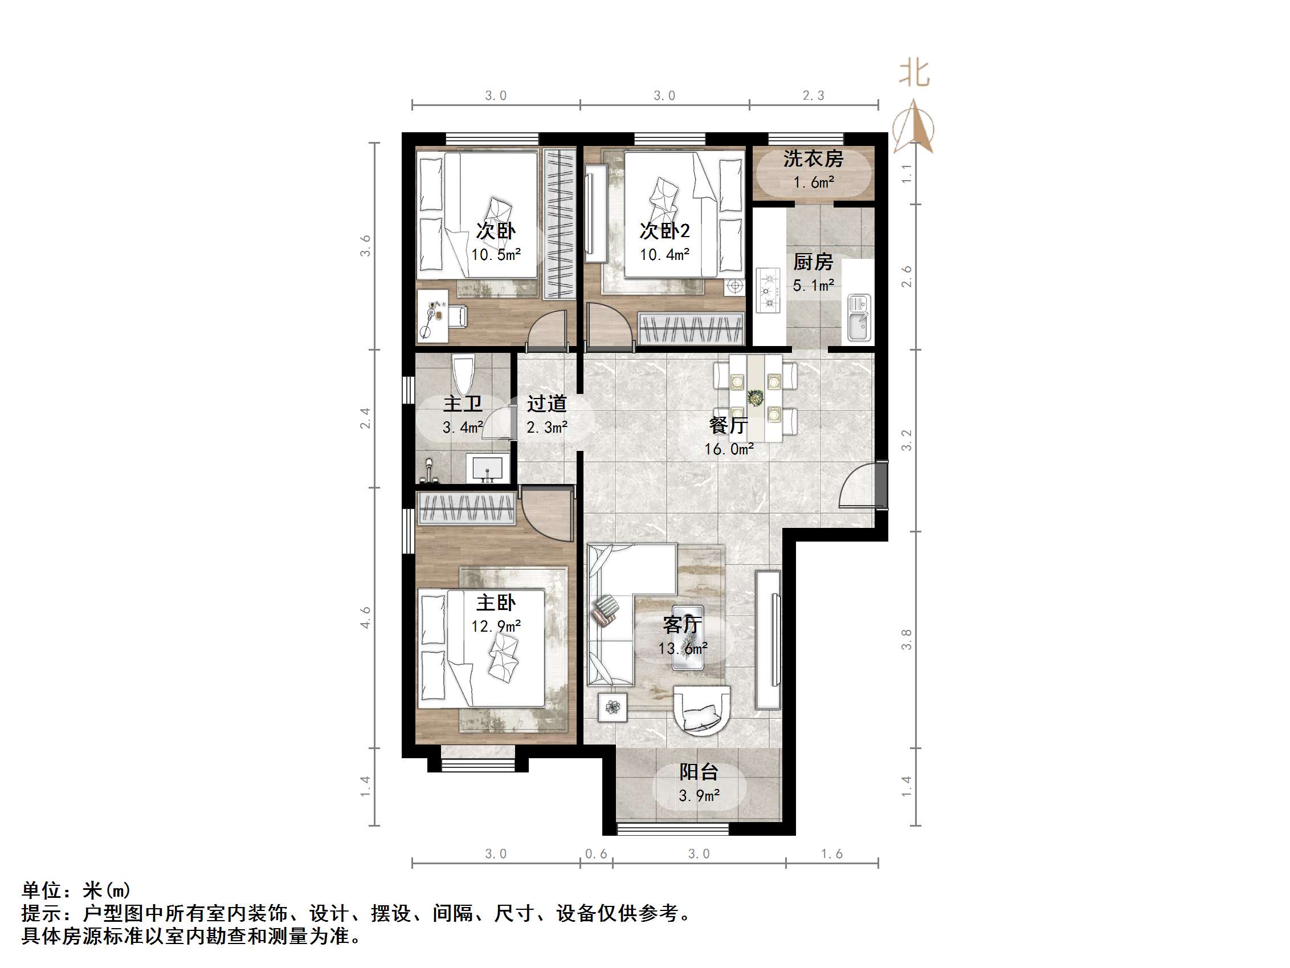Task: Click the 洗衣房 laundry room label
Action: pos(813,158)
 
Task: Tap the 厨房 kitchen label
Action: pos(813,262)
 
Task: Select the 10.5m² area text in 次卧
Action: pos(496,255)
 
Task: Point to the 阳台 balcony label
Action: pos(699,772)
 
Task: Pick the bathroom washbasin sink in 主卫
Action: pos(487,469)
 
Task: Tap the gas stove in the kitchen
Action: pos(768,290)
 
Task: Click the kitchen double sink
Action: pos(859,318)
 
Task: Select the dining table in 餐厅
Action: pos(756,398)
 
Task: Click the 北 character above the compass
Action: pos(914,74)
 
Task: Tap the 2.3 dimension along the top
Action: pos(814,96)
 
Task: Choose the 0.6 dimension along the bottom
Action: pos(596,854)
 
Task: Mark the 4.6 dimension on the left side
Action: pos(365,617)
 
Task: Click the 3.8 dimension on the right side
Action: pos(907,640)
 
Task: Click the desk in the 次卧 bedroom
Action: pos(432,316)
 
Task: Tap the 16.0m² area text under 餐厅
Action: pos(729,449)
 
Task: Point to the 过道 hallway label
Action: pos(546,404)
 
